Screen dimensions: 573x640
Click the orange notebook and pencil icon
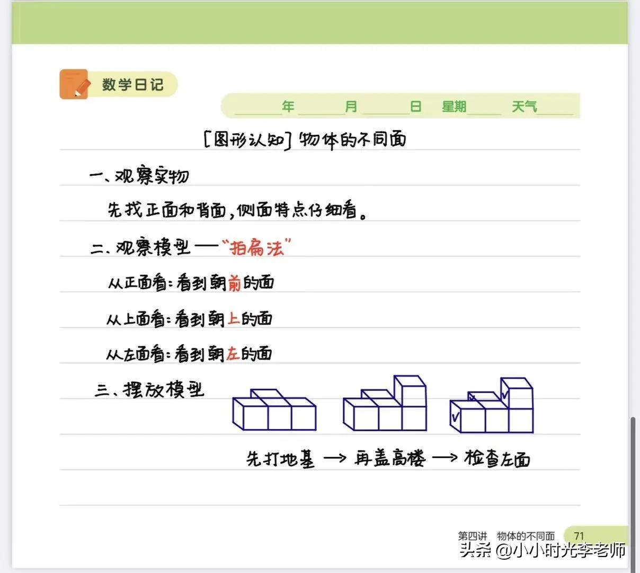click(x=74, y=84)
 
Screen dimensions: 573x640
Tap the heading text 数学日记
click(x=132, y=84)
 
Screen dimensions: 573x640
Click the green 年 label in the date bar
click(x=288, y=107)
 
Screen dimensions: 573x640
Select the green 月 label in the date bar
click(x=351, y=107)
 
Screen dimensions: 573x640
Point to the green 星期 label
click(x=454, y=107)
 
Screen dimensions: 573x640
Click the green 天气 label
click(x=524, y=107)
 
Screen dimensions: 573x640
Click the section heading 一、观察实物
click(x=139, y=176)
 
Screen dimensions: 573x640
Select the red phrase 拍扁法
click(x=256, y=247)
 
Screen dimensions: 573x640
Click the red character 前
click(x=234, y=283)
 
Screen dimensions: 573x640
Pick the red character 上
click(x=233, y=319)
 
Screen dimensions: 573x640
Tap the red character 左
click(x=233, y=354)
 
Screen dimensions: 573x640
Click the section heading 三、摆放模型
click(x=149, y=390)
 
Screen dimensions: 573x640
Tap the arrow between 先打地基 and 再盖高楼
click(x=334, y=457)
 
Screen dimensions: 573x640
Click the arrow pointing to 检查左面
click(x=444, y=457)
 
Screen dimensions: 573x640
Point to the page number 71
click(x=579, y=536)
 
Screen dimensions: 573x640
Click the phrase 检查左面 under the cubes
click(x=497, y=458)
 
